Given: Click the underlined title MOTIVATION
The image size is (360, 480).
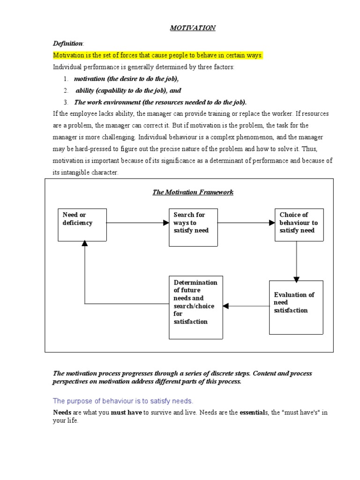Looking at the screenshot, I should point(192,28).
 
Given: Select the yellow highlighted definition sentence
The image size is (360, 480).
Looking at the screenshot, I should point(157,55).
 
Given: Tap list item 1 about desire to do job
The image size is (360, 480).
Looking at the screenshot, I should point(127,79).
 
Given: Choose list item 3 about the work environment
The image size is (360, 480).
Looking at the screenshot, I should point(160,102).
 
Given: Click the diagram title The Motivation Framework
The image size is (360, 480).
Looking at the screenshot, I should point(193,192).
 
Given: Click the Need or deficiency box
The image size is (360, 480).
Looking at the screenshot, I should point(82,225).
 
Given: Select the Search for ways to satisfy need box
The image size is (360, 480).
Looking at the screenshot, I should point(193,227).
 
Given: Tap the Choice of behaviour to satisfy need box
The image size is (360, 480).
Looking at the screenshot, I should point(299,225).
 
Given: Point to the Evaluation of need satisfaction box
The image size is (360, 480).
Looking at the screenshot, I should point(296,307).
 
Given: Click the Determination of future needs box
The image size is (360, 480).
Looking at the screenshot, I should point(195,307).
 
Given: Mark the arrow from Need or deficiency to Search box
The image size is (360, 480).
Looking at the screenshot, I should point(137,223).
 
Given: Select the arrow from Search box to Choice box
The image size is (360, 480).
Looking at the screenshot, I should point(246,223).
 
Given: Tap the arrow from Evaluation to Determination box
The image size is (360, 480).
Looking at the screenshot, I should point(246,306).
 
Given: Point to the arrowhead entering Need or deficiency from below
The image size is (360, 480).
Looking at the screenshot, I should point(85,244).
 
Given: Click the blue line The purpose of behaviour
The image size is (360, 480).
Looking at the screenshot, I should point(123,401).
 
